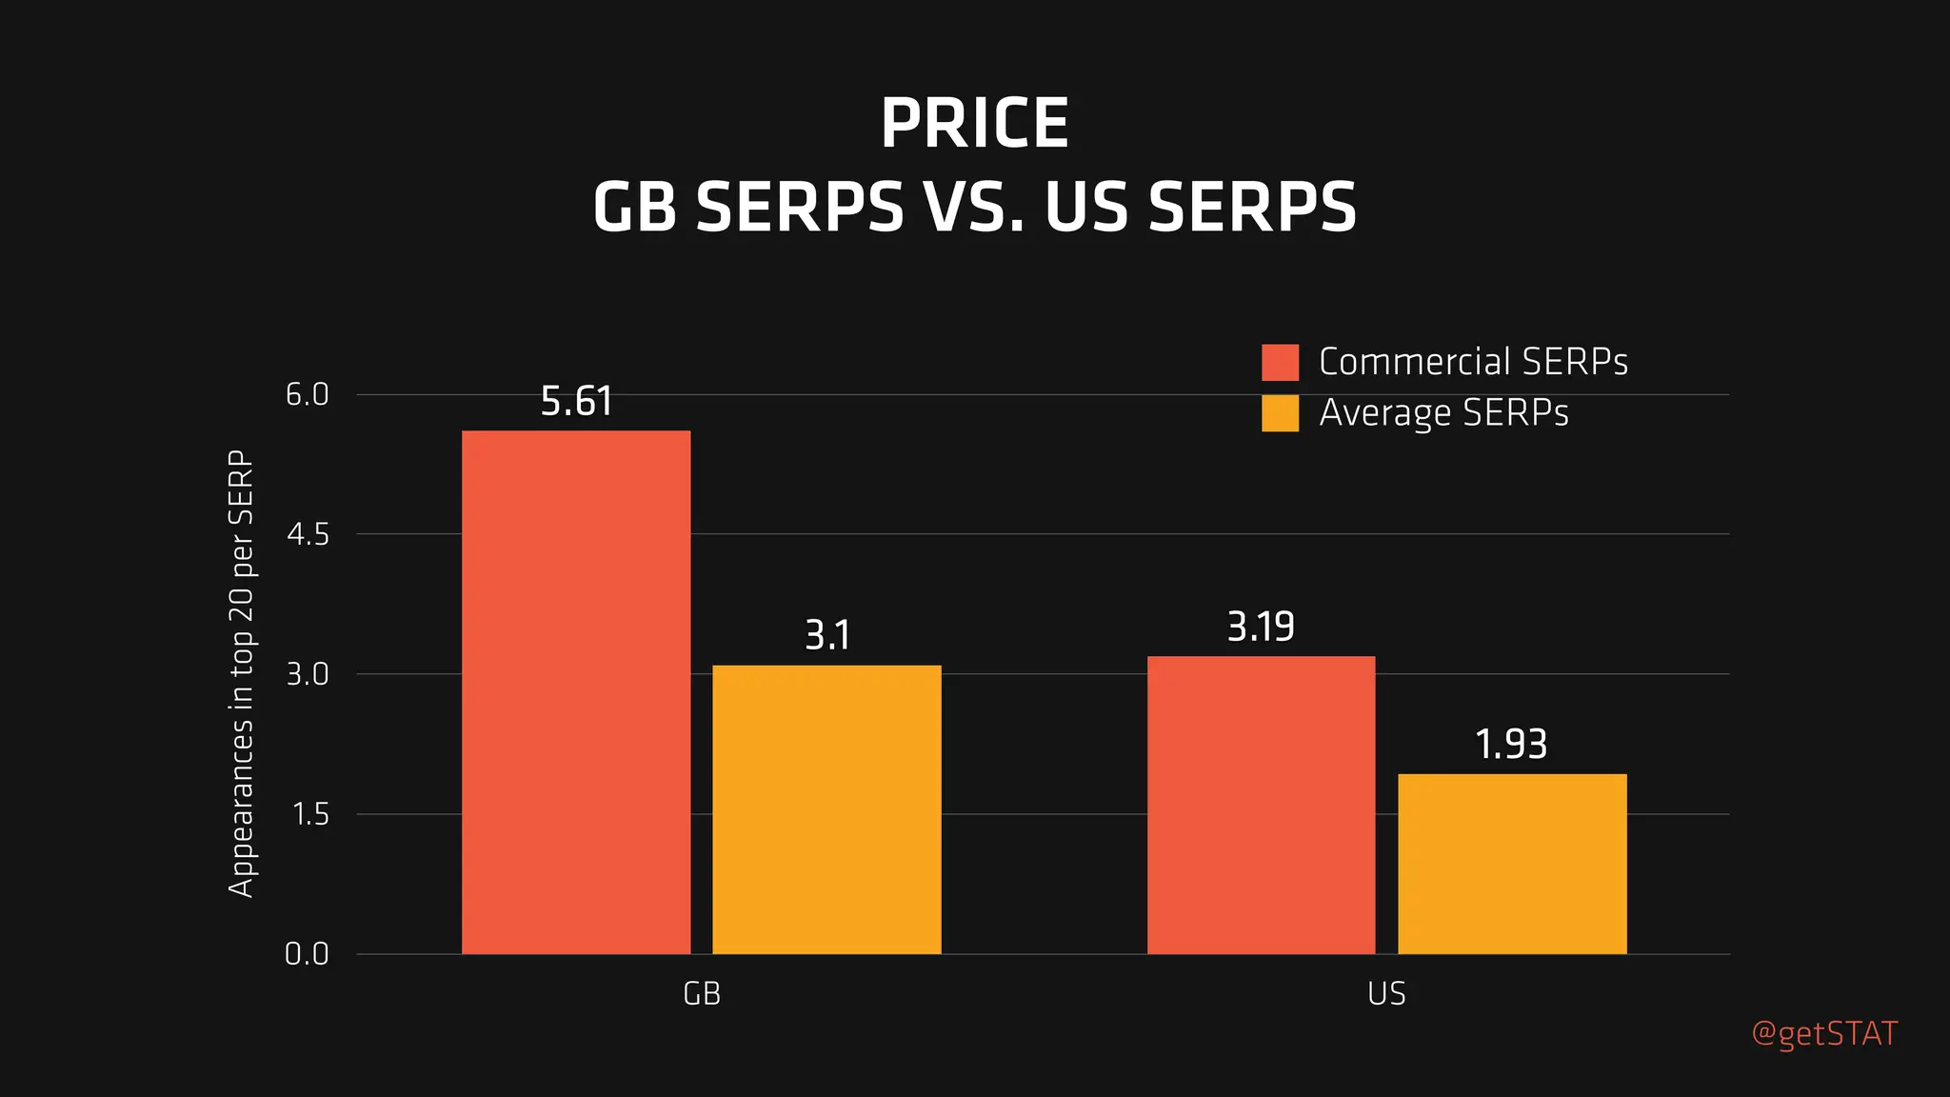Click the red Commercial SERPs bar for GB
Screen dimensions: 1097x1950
pyautogui.click(x=576, y=692)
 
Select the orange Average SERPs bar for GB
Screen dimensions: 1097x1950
pyautogui.click(x=826, y=809)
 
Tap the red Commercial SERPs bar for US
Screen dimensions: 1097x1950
pyautogui.click(x=1261, y=805)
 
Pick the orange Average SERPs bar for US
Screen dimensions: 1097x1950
pyautogui.click(x=1512, y=864)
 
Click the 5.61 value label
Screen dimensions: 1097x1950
pyautogui.click(x=576, y=402)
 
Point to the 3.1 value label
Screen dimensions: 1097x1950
pyautogui.click(x=826, y=635)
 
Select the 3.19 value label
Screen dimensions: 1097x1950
pyautogui.click(x=1261, y=628)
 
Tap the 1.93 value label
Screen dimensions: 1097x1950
pyautogui.click(x=1511, y=745)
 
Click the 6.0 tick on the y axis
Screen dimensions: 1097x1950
pyautogui.click(x=307, y=394)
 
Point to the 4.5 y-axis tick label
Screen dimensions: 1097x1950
pyautogui.click(x=307, y=534)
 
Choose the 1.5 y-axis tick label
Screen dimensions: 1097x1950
pyautogui.click(x=308, y=814)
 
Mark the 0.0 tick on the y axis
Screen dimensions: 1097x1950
pyautogui.click(x=307, y=953)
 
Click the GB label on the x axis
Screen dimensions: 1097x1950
pyautogui.click(x=702, y=994)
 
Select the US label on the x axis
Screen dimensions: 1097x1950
pyautogui.click(x=1386, y=994)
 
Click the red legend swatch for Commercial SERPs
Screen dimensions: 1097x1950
pyautogui.click(x=1280, y=363)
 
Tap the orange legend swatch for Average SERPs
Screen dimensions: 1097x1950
pyautogui.click(x=1280, y=413)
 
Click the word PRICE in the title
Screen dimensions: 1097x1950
pyautogui.click(x=974, y=124)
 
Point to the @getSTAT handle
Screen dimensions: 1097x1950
pyautogui.click(x=1824, y=1034)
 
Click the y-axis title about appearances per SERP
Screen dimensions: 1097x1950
pyautogui.click(x=242, y=673)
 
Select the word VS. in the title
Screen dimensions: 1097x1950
pyautogui.click(x=972, y=208)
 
